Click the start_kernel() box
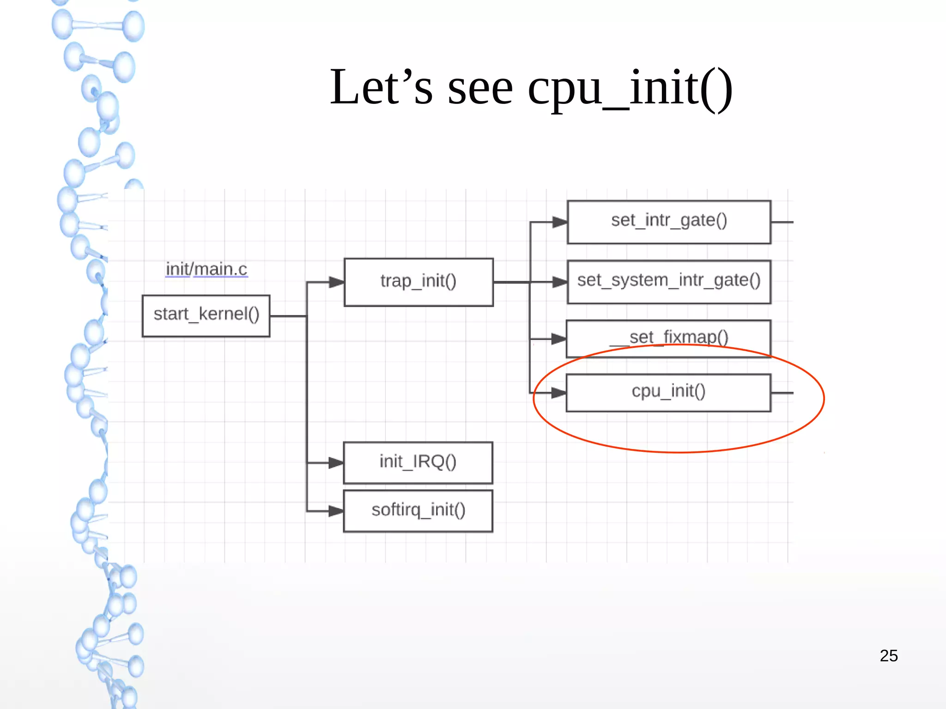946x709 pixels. click(206, 316)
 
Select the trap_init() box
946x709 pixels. click(418, 282)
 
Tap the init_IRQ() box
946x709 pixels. click(418, 463)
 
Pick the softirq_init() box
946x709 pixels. click(418, 511)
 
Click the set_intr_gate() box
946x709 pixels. click(669, 222)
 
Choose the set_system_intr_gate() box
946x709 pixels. click(669, 282)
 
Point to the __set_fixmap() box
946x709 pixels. click(668, 339)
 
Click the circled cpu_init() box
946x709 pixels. click(668, 393)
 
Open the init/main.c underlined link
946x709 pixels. click(206, 269)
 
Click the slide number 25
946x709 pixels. click(888, 656)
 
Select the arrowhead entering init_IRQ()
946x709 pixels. click(336, 463)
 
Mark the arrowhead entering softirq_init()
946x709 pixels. click(336, 511)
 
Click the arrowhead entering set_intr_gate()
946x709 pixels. click(560, 222)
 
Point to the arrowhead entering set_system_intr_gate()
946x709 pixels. click(560, 282)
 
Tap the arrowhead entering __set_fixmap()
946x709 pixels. click(559, 339)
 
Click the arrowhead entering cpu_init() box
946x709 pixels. click(559, 393)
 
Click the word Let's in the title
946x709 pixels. click(381, 88)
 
